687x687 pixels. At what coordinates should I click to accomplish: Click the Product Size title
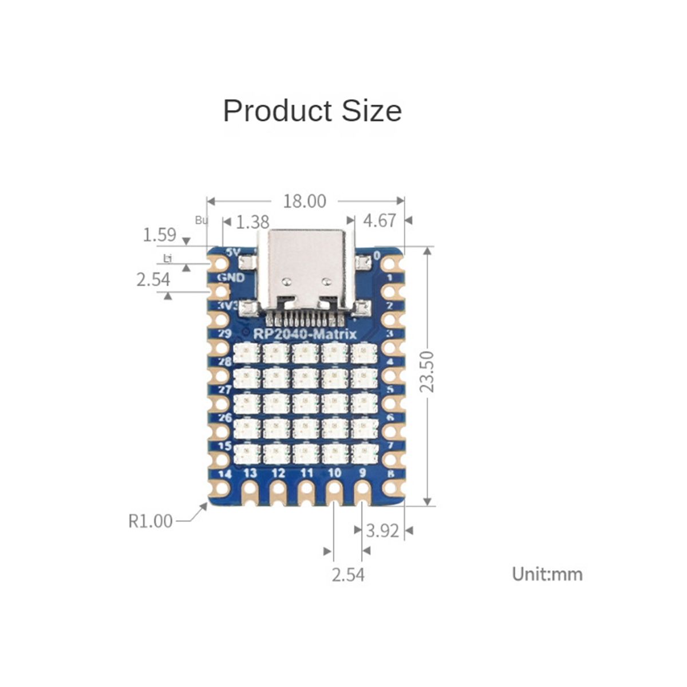pyautogui.click(x=312, y=110)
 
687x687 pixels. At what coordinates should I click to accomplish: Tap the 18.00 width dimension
pyautogui.click(x=305, y=201)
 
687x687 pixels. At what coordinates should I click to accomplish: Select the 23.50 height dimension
pyautogui.click(x=428, y=372)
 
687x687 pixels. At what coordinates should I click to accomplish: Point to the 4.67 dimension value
pyautogui.click(x=379, y=221)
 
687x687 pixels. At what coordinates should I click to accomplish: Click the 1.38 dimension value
pyautogui.click(x=252, y=222)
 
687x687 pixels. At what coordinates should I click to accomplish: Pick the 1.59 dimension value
pyautogui.click(x=159, y=235)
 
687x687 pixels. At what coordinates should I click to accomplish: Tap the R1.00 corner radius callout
pyautogui.click(x=150, y=521)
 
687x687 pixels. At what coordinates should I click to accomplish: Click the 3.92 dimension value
pyautogui.click(x=382, y=531)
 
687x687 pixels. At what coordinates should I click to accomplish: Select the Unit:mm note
pyautogui.click(x=547, y=574)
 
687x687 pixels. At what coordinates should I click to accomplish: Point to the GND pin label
pyautogui.click(x=231, y=278)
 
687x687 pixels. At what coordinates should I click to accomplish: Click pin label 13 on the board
pyautogui.click(x=250, y=473)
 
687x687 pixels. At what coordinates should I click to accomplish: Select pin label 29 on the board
pyautogui.click(x=224, y=334)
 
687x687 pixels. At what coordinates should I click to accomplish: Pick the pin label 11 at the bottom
pyautogui.click(x=306, y=473)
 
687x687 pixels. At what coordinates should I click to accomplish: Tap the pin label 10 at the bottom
pyautogui.click(x=334, y=473)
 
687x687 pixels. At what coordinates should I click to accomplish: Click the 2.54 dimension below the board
pyautogui.click(x=348, y=574)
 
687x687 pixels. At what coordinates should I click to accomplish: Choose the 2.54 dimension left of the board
pyautogui.click(x=153, y=280)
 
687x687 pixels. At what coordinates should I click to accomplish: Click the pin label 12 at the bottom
pyautogui.click(x=278, y=473)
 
